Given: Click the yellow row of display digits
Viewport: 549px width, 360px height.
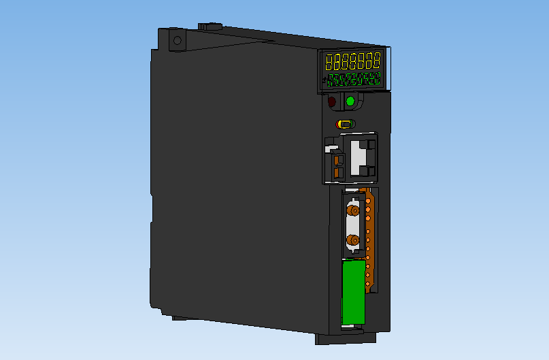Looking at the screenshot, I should click(x=353, y=61).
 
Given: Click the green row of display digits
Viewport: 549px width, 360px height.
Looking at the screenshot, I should click(x=353, y=80).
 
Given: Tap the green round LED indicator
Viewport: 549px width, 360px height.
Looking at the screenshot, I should click(x=350, y=101).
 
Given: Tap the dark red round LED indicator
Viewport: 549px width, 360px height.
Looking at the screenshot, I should click(x=333, y=102).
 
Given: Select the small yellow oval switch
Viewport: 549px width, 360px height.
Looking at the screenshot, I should click(x=344, y=124).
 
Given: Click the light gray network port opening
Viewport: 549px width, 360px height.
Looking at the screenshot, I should click(x=361, y=157).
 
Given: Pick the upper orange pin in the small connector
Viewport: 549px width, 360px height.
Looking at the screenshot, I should click(x=337, y=161).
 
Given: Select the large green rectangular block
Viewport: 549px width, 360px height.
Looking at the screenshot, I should click(x=353, y=293).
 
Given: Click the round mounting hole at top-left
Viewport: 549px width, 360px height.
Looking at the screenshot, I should click(x=178, y=40).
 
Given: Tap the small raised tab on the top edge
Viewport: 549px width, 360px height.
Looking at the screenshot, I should click(x=210, y=27).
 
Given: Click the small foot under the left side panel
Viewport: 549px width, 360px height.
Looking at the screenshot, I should click(x=181, y=317).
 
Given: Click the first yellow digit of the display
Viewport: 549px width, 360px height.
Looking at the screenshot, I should click(x=330, y=63).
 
